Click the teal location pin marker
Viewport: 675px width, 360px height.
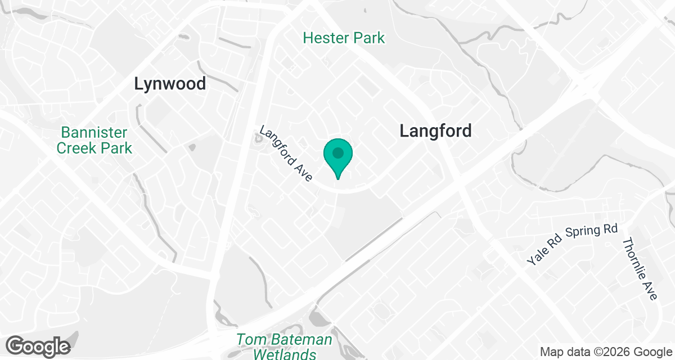coord(337,157)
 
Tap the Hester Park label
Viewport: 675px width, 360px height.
coord(344,38)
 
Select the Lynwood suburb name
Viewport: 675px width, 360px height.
coord(170,84)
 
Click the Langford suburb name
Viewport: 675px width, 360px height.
coord(435,131)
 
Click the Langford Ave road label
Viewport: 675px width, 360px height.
coord(285,153)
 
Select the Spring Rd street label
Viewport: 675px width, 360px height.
coord(591,230)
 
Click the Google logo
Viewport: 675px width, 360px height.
coord(38,346)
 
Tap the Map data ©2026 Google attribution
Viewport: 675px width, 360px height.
coord(605,352)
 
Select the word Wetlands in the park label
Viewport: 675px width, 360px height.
coord(284,354)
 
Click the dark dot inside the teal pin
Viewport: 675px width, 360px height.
coord(337,152)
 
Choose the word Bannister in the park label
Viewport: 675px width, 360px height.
coord(94,133)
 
